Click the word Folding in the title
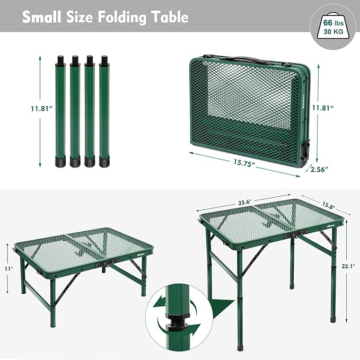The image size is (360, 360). tap(122, 17)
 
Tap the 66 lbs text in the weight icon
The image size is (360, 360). tap(333, 23)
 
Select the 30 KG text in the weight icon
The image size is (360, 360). tap(333, 31)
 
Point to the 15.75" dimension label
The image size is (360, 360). tap(244, 163)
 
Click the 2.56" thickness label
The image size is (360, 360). tap(319, 170)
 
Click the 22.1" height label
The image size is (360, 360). tap(348, 266)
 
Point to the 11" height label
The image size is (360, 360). tap(9, 269)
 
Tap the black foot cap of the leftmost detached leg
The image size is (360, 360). tap(60, 161)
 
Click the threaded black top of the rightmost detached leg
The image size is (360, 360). tap(104, 60)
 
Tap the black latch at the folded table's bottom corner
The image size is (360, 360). tap(305, 153)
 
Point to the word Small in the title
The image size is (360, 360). tap(42, 17)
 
